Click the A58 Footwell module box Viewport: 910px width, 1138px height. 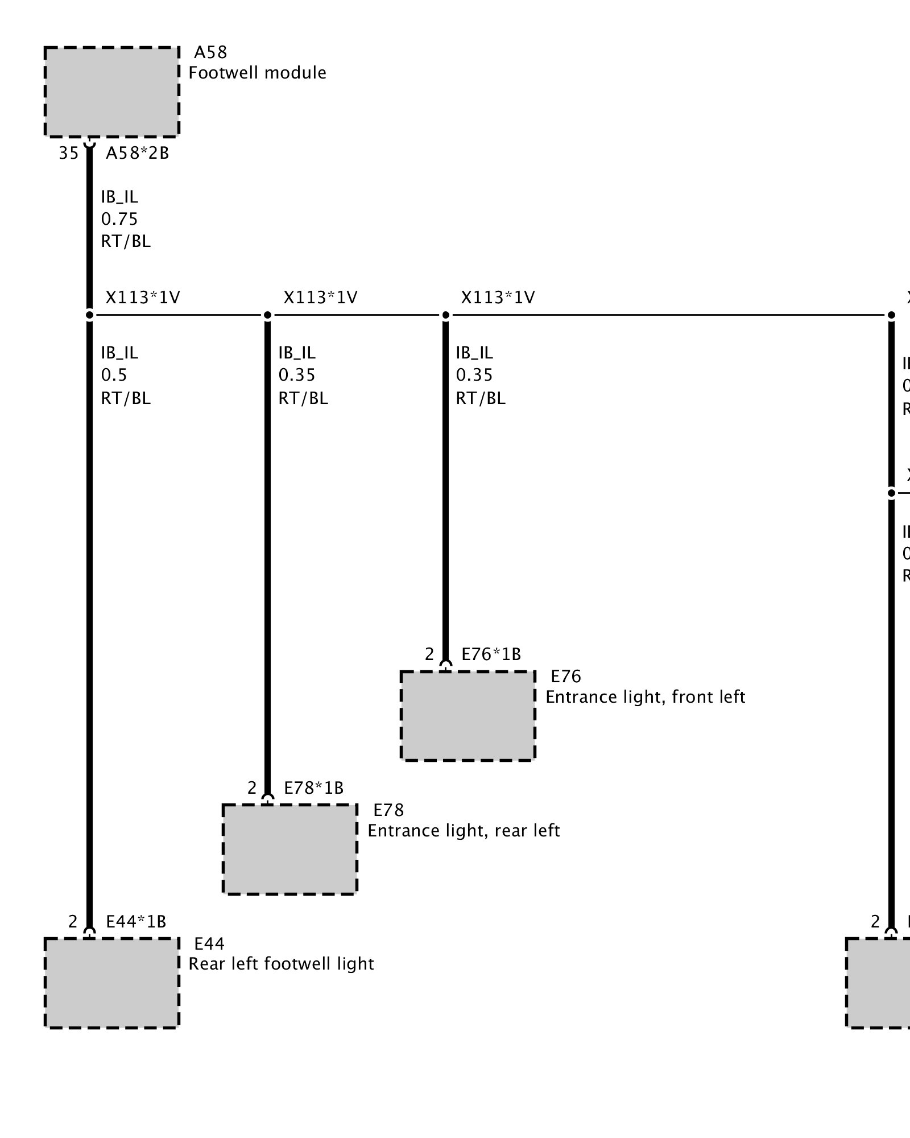(x=111, y=92)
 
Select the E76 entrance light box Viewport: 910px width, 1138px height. (x=468, y=715)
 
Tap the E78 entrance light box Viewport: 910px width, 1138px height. (x=289, y=849)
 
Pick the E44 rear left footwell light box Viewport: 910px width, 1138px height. (x=111, y=983)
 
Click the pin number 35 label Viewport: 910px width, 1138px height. (x=69, y=153)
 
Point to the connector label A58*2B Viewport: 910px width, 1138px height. (x=138, y=153)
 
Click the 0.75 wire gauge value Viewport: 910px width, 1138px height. (x=119, y=219)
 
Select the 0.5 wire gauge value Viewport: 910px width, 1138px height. (x=114, y=375)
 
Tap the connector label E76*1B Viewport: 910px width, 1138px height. (x=491, y=654)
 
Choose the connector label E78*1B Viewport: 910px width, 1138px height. (x=313, y=788)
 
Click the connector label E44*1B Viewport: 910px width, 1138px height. (x=136, y=922)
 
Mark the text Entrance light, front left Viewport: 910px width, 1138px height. (x=645, y=697)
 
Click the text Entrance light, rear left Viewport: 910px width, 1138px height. (x=464, y=831)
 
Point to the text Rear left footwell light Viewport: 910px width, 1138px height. (x=281, y=964)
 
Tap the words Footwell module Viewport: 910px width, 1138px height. (x=257, y=73)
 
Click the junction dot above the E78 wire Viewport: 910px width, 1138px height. (x=267, y=315)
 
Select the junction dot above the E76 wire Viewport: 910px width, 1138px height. (x=445, y=315)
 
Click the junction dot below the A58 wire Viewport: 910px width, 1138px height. (x=89, y=315)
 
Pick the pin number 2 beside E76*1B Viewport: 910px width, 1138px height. (x=429, y=654)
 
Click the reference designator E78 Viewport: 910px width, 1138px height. (x=388, y=810)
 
